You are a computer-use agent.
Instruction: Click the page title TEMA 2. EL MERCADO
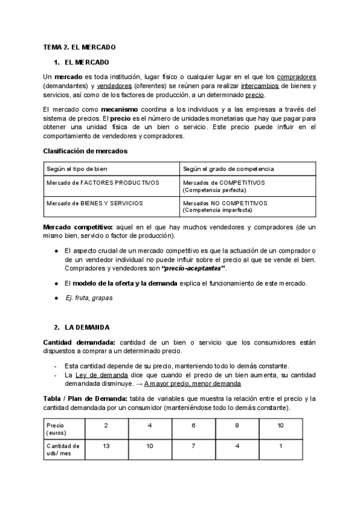(79, 46)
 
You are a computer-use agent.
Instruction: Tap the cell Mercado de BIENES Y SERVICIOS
(95, 203)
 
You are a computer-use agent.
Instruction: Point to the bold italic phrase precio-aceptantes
(195, 268)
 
